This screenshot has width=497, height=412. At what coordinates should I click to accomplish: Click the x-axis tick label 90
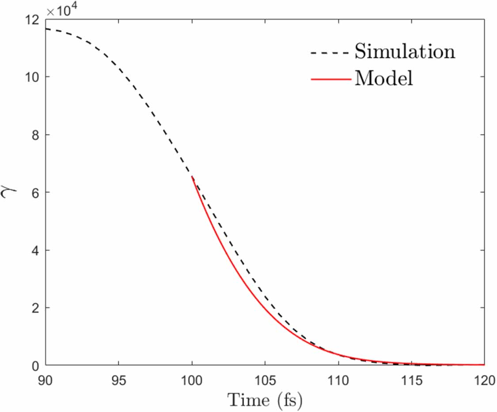[46, 379]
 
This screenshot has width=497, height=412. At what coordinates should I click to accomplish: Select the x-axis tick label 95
[118, 379]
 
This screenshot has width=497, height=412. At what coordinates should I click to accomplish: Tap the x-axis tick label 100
[192, 379]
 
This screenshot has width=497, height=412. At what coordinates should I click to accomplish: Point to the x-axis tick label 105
[265, 379]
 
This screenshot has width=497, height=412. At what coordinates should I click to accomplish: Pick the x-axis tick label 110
[338, 379]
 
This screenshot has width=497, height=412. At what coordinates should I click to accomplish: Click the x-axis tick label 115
[411, 379]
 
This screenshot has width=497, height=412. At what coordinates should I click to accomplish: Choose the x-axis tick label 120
[484, 379]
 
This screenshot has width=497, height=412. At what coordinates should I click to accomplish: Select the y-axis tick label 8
[35, 135]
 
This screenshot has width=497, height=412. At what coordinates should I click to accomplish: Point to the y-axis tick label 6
[35, 193]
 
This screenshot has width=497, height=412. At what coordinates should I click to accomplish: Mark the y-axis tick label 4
[35, 250]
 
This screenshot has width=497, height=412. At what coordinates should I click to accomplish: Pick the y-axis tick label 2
[35, 308]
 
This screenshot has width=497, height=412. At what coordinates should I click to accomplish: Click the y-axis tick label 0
[35, 366]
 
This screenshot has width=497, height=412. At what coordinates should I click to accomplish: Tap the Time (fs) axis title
[265, 400]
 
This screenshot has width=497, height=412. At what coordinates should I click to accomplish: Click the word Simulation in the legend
[404, 52]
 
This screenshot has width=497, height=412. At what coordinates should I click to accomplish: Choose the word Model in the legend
[383, 79]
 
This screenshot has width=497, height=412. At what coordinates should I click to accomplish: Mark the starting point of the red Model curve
[192, 177]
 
